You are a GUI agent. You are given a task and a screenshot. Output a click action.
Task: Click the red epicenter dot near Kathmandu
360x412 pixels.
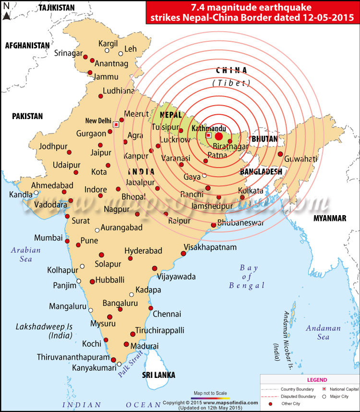point(219,136)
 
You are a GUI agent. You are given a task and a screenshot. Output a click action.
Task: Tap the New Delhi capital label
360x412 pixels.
point(98,121)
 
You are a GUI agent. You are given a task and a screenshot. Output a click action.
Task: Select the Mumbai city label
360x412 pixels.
point(48,238)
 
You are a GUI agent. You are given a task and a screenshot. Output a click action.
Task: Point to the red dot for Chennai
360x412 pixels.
point(151,308)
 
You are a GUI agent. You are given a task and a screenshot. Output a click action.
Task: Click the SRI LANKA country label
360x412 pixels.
point(158,375)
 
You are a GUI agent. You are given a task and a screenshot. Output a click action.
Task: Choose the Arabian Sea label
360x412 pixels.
point(26,254)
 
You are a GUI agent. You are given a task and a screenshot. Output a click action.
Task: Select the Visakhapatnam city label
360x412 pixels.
point(210,247)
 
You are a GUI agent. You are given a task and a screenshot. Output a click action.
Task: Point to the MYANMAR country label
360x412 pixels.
point(330,218)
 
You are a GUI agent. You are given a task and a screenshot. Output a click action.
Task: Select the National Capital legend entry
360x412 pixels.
point(341,389)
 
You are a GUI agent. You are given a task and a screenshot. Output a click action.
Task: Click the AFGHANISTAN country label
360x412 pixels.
point(27,45)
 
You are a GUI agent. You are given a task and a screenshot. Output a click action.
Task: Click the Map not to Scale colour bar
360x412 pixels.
point(210,398)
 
